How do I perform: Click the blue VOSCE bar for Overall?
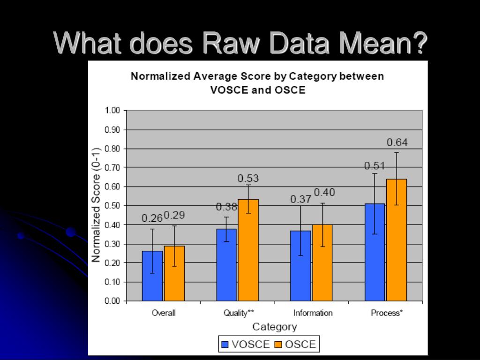coord(152,276)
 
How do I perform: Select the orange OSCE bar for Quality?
coord(248,250)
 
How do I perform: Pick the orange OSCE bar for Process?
coord(397,240)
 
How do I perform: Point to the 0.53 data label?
coord(248,179)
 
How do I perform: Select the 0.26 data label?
coord(152,217)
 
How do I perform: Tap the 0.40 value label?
coord(324,192)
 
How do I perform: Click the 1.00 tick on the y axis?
coord(113,111)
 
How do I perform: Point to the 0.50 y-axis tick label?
coord(113,206)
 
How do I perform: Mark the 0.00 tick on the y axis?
coord(113,301)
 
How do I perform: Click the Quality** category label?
coord(239,313)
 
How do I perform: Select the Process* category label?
coord(387,313)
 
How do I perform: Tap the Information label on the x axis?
coord(313,313)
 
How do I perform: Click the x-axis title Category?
coord(275,327)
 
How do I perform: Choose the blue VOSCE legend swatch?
coord(225,345)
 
